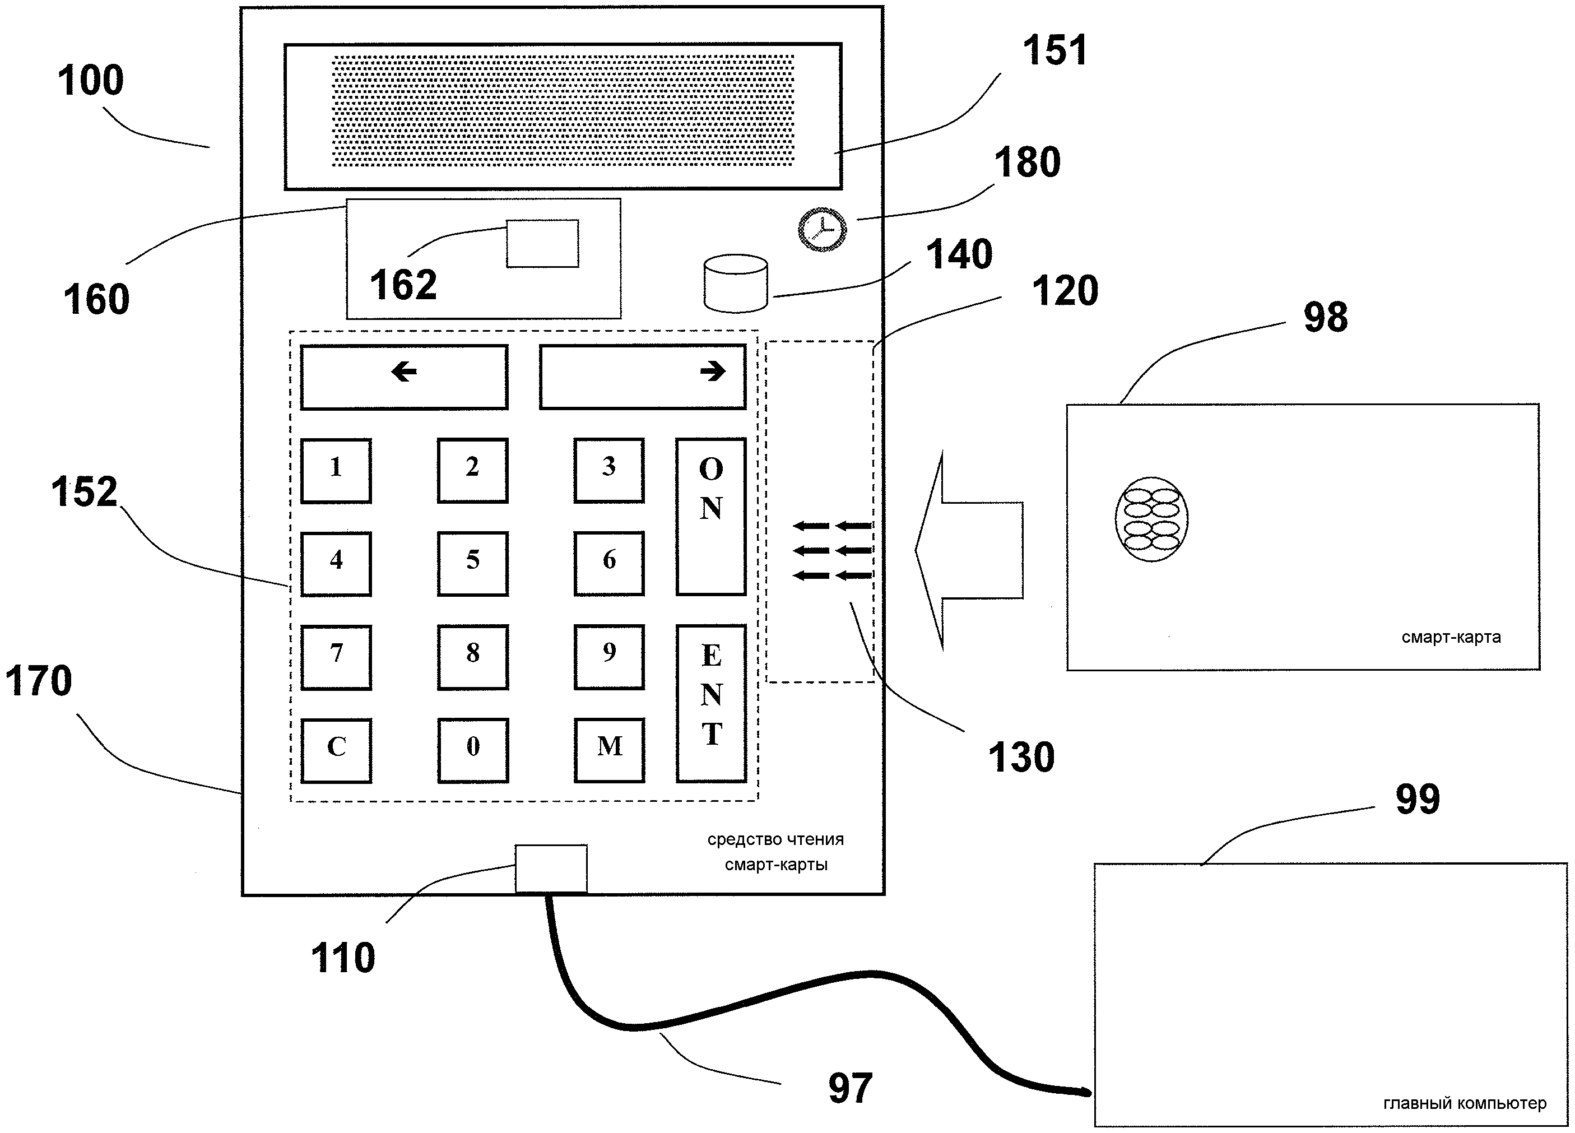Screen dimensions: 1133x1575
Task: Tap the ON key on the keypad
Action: point(710,516)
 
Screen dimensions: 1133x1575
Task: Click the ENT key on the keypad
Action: point(711,703)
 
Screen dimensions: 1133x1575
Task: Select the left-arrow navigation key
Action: point(404,377)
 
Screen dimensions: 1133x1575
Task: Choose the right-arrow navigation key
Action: point(642,377)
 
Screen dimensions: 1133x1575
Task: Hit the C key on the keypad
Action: point(336,750)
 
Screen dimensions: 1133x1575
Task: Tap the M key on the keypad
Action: point(609,750)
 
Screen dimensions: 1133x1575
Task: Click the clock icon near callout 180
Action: point(822,229)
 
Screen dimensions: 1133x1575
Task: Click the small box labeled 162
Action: point(542,243)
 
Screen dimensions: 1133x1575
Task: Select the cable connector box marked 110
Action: point(551,869)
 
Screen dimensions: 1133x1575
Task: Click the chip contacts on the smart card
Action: point(1151,519)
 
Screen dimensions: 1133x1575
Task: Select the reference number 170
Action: point(39,681)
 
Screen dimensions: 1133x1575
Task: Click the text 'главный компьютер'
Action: point(1465,1103)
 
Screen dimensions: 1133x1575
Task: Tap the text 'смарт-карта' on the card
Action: point(1451,637)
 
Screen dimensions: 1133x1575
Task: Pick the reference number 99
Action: point(1418,799)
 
